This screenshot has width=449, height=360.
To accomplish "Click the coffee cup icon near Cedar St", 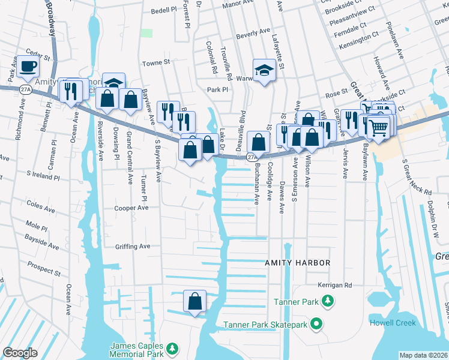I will (x=28, y=66).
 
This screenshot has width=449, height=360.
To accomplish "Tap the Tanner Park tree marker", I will (x=327, y=301).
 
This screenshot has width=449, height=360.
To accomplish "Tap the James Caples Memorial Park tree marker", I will (x=172, y=349).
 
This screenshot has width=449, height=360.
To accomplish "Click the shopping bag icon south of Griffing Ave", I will (x=194, y=301).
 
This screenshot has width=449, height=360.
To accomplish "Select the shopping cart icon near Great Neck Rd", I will (x=378, y=127).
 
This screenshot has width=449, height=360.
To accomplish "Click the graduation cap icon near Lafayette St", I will (x=264, y=70).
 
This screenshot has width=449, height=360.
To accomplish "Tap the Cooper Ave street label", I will (x=131, y=208).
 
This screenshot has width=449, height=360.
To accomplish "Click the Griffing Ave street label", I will (x=133, y=246).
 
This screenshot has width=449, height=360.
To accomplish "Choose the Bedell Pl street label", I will (x=164, y=11).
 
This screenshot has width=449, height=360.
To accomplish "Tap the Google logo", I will (x=20, y=353).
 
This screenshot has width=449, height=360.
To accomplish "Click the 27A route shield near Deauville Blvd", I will (x=252, y=157).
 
